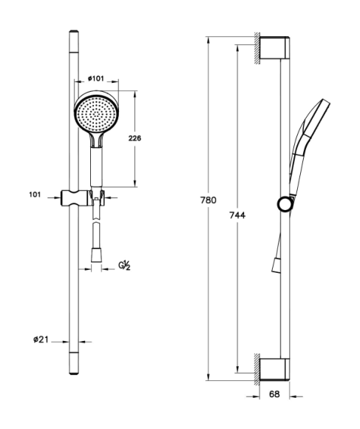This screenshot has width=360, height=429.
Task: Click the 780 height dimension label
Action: [x=208, y=200]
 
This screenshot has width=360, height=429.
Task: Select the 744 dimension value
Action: [x=237, y=215]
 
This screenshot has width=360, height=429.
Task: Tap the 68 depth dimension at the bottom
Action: [x=274, y=394]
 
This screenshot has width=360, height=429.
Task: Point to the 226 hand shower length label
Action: [x=135, y=138]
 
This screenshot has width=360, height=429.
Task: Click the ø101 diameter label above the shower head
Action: [x=96, y=78]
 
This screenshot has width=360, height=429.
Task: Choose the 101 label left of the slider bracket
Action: [x=35, y=195]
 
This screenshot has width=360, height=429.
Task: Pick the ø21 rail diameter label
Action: [x=41, y=340]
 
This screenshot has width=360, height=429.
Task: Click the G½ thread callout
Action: [x=124, y=266]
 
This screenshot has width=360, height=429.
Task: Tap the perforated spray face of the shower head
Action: [x=96, y=114]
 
